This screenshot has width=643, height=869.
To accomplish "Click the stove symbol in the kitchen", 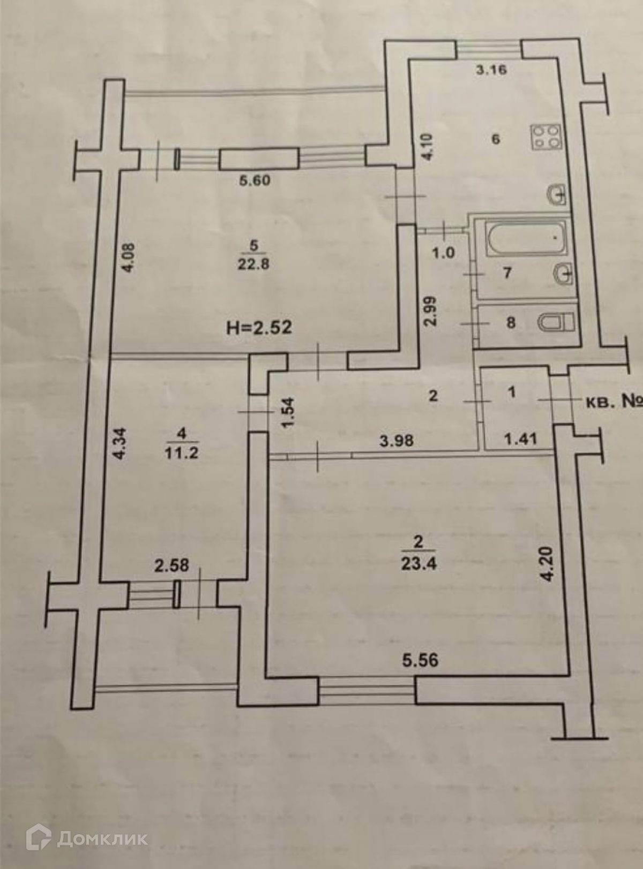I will coord(546,136).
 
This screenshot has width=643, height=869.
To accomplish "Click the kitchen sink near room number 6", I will coord(558,194).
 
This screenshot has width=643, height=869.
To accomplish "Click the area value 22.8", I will coord(253,263).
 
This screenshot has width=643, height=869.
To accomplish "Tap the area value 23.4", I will coord(418,563).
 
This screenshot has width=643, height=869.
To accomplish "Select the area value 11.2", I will coord(182,452).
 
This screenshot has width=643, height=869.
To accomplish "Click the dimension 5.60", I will coord(255,180).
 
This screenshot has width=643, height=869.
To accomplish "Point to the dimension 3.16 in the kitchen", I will coord(491,70).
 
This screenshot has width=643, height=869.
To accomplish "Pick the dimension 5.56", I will coord(420,660).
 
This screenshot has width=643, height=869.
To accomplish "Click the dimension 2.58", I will coord(171,565).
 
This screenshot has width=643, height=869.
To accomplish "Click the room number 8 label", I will coord(511,322).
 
